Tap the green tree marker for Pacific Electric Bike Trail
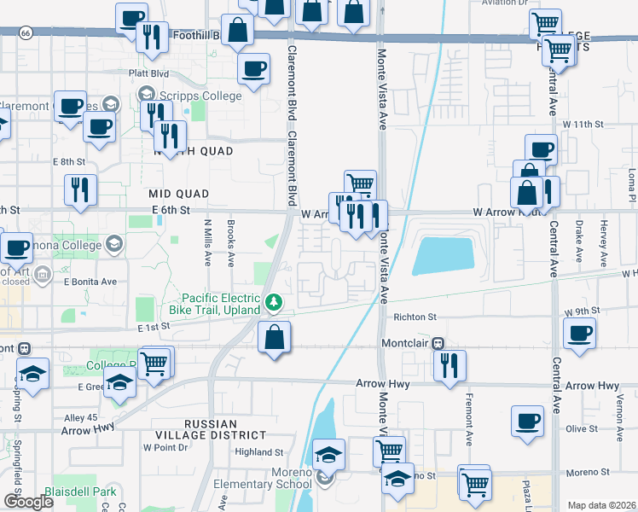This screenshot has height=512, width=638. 274,302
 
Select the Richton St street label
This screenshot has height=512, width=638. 415,317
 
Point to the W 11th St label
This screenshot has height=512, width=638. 583,124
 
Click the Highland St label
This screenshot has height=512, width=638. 259,452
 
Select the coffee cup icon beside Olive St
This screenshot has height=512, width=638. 527,421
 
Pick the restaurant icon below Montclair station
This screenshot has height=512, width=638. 449,365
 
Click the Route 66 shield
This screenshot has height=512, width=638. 26,32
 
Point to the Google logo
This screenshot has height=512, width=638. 27,501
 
